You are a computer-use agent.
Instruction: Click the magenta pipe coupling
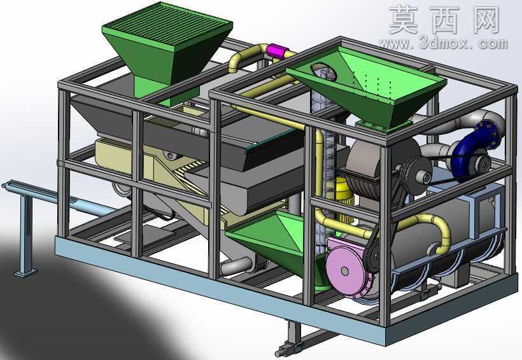coord(276,52)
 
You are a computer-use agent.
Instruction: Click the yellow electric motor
coord(344,200)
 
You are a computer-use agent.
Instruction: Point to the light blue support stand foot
coord(25,273)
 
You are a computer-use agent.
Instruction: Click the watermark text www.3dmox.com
coord(443,44)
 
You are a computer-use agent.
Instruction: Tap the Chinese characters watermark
coord(444,19)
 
